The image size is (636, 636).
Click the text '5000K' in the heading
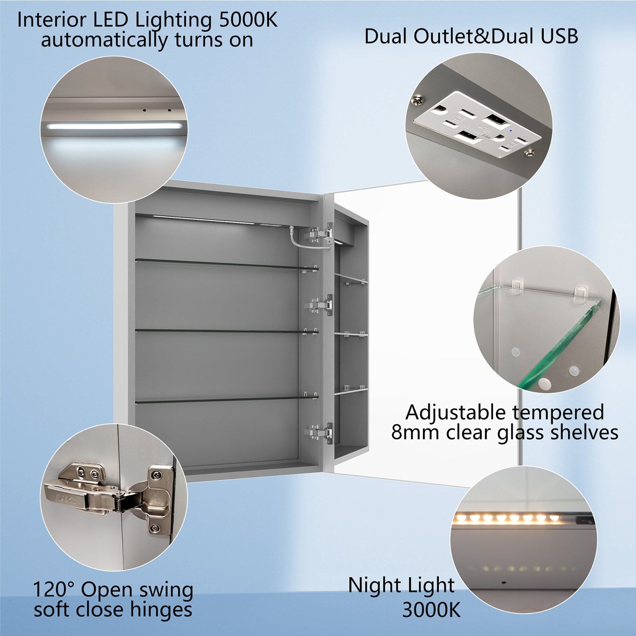pos(248,20)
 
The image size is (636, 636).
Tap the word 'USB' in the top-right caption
pos(559,36)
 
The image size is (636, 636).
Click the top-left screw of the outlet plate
pos(418,100)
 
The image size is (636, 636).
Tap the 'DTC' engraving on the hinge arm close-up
pos(65,499)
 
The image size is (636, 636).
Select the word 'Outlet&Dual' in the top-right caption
pos(473,36)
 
